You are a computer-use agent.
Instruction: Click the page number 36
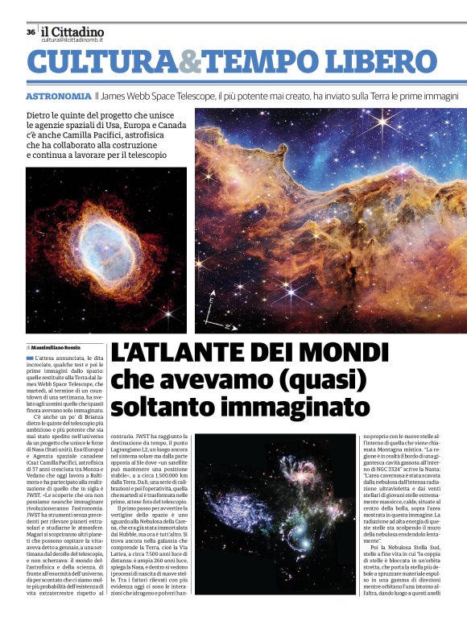point(31,32)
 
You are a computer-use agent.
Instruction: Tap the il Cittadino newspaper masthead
point(72,31)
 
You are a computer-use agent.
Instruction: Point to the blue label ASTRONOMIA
point(58,96)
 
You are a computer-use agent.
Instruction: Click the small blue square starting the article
point(31,357)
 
